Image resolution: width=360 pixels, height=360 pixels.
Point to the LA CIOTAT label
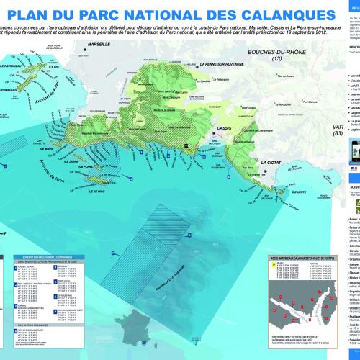point(279,143)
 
